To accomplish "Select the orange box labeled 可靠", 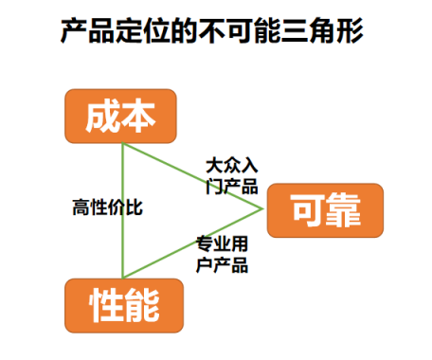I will coord(325,210).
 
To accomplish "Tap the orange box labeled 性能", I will coord(122,305).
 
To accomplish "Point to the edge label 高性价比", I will coord(107,207).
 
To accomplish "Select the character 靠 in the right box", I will coord(344,210).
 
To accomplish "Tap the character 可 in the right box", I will coord(306,210).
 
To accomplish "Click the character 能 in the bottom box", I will coord(141,305).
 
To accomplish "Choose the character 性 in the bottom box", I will coord(104,305).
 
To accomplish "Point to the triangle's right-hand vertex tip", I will coord(261,207).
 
